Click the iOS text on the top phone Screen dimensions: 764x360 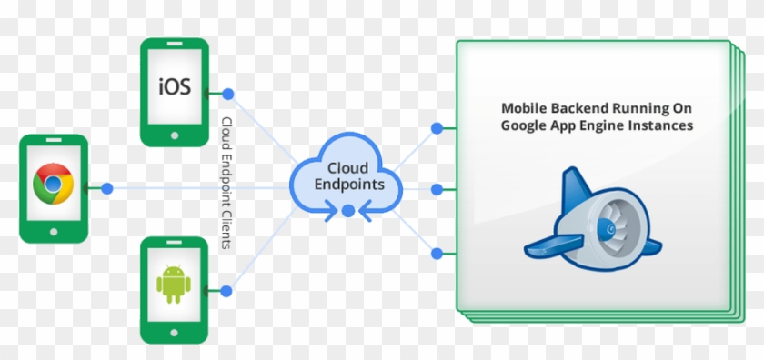pyautogui.click(x=175, y=87)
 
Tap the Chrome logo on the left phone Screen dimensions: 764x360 pyautogui.click(x=53, y=186)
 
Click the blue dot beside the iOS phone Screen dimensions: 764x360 pyautogui.click(x=227, y=94)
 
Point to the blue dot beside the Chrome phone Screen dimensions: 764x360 pyautogui.click(x=107, y=188)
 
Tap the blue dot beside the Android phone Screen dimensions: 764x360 pyautogui.click(x=227, y=291)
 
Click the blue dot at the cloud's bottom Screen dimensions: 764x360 pyautogui.click(x=347, y=211)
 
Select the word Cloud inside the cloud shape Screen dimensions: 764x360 pyautogui.click(x=347, y=168)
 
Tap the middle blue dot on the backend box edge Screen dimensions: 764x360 pyautogui.click(x=437, y=189)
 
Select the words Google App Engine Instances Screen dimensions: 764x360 pyautogui.click(x=597, y=125)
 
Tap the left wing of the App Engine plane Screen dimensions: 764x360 pyautogui.click(x=550, y=243)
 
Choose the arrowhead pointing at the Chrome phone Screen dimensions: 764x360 pyautogui.click(x=85, y=188)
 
